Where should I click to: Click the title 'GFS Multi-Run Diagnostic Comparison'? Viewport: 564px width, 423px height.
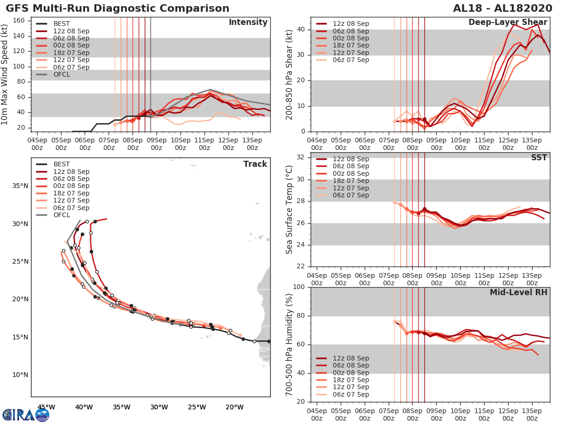tap(117, 8)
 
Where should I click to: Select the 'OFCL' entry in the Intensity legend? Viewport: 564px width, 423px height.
tap(62, 74)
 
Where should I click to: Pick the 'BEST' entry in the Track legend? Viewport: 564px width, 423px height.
tap(62, 164)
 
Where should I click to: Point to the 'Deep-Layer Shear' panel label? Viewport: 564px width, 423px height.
tap(508, 23)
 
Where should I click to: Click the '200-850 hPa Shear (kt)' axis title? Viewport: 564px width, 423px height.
tap(290, 74)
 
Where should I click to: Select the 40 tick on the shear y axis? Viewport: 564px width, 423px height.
tap(301, 30)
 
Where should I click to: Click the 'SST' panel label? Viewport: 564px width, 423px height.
tap(539, 157)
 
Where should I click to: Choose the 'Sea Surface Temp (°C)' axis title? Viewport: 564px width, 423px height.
tap(290, 209)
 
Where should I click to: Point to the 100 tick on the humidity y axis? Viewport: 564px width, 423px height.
tap(299, 287)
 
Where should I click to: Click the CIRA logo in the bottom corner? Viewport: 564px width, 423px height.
tap(25, 415)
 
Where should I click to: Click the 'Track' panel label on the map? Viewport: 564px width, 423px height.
tap(255, 164)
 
